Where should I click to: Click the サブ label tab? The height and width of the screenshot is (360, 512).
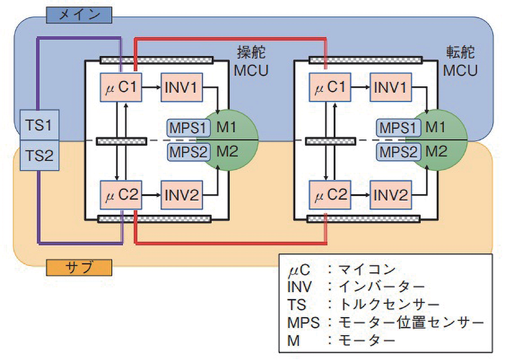pyautogui.click(x=78, y=267)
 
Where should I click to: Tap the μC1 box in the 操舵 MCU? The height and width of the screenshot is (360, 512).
pyautogui.click(x=121, y=88)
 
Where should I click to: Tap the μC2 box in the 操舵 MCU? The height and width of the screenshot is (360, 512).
pyautogui.click(x=121, y=194)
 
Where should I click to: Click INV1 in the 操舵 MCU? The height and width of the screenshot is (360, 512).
pyautogui.click(x=181, y=88)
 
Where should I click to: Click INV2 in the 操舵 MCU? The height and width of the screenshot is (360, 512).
pyautogui.click(x=181, y=194)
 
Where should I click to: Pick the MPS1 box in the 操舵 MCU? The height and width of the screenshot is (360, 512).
pyautogui.click(x=186, y=127)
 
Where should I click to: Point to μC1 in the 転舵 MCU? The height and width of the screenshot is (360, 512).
pyautogui.click(x=330, y=88)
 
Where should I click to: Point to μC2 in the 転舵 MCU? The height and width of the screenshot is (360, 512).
pyautogui.click(x=330, y=194)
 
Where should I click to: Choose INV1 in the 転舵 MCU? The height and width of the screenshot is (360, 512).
pyautogui.click(x=391, y=88)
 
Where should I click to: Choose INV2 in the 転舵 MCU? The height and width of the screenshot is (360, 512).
pyautogui.click(x=391, y=194)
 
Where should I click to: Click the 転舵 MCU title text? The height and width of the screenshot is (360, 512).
pyautogui.click(x=461, y=61)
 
